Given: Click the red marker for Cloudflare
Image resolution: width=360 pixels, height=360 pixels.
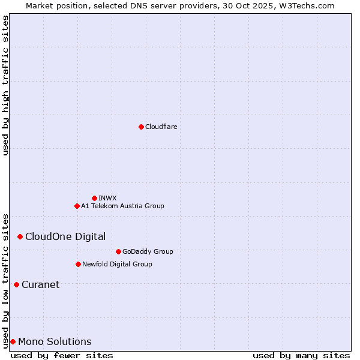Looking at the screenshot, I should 141,127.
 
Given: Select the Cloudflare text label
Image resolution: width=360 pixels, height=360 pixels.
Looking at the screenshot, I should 161,127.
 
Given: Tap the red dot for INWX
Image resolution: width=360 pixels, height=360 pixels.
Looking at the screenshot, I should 94,198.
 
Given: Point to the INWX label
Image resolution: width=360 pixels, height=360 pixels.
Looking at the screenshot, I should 107,198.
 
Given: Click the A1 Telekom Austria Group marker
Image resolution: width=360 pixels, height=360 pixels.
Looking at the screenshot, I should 77,206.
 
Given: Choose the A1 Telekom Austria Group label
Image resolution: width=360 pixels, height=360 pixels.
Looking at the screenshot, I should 122,206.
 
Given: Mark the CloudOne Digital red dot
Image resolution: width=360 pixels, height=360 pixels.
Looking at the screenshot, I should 20,236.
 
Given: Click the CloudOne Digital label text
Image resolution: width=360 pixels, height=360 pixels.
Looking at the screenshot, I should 65,236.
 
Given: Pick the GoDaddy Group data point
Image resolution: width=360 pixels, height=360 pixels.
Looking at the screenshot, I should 118,251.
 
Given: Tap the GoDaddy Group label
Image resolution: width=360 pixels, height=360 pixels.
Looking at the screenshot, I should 148,251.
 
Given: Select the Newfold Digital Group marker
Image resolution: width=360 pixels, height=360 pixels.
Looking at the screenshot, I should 78,264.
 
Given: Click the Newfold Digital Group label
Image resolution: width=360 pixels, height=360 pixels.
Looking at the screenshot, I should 117,264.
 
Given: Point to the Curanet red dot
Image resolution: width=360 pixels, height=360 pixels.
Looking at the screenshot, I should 16,284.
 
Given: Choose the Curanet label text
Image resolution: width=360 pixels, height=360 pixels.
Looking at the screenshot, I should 41,284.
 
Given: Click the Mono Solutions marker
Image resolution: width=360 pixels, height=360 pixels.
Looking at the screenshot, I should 13,341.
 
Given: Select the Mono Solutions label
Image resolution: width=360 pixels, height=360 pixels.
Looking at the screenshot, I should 55,341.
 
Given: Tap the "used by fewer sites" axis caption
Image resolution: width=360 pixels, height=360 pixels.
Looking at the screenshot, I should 62,355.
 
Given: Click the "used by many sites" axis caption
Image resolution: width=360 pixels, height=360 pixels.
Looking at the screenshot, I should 301,355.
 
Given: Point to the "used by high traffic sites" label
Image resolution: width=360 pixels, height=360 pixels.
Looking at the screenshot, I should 5,85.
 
